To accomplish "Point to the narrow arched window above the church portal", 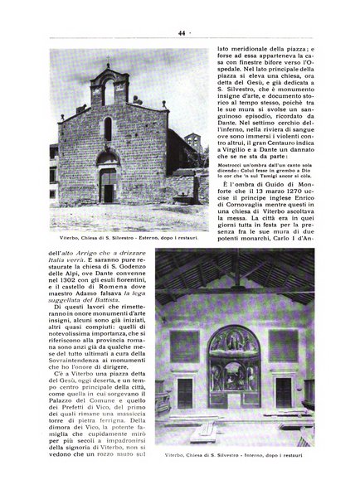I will point(108,128).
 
